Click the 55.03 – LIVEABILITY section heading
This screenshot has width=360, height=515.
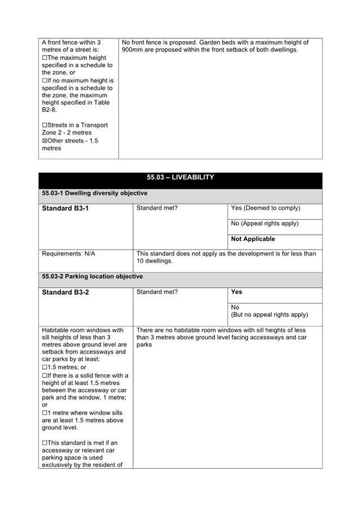[180, 177]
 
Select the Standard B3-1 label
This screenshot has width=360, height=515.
[65, 208]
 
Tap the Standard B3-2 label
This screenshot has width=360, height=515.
[65, 293]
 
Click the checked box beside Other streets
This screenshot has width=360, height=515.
[45, 141]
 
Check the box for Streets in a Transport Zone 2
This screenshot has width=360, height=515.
[45, 125]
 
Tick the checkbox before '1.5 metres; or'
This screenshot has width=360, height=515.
[45, 367]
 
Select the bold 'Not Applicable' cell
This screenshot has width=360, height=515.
[253, 239]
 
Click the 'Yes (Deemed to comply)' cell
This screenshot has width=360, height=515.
[266, 208]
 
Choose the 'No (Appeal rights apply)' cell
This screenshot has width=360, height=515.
[265, 224]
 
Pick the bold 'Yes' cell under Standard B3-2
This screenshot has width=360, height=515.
[236, 292]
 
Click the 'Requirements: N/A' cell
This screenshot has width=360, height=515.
[68, 254]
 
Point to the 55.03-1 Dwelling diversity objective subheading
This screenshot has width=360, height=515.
[94, 193]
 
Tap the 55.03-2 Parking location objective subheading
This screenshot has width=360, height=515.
[92, 277]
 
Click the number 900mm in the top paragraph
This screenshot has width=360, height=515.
[133, 50]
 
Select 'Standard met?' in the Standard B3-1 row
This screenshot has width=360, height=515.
[157, 208]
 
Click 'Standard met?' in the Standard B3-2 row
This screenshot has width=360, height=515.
[157, 292]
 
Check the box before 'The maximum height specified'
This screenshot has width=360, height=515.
[45, 58]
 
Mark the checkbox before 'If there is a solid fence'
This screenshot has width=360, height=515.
[45, 375]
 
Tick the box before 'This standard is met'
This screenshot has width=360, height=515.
[45, 443]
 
